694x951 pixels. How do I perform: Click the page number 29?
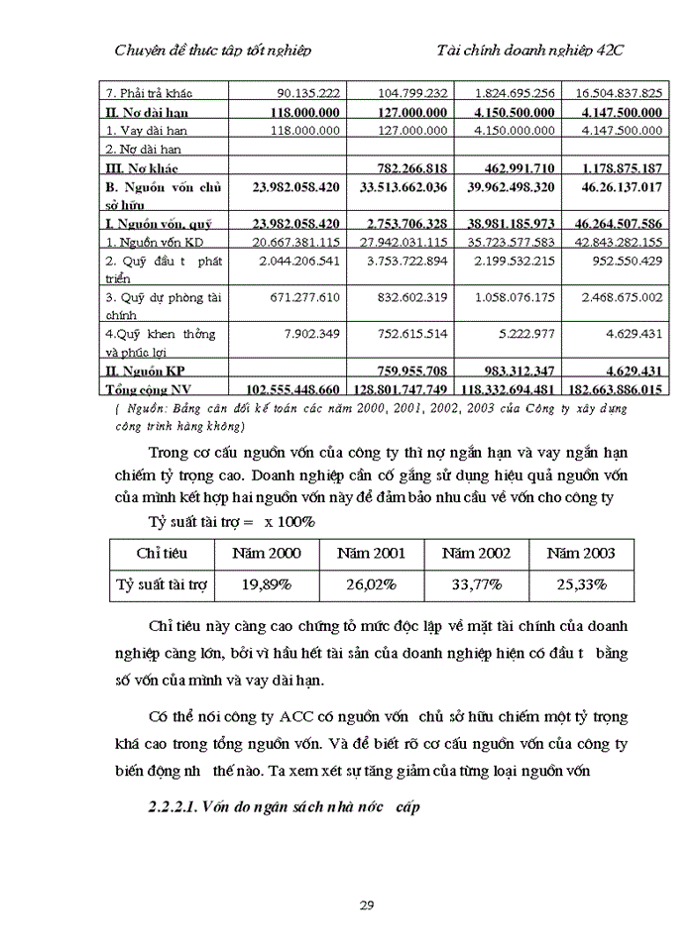coord(366,904)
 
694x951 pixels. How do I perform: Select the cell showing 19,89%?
coord(266,584)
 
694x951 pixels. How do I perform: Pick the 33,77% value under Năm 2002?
coord(475,584)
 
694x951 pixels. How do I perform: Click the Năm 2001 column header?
coord(371,554)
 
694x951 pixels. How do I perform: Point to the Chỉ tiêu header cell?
coord(161,554)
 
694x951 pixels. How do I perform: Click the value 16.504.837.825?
coord(617,93)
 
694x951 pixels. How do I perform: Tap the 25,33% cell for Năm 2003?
coord(581,584)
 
